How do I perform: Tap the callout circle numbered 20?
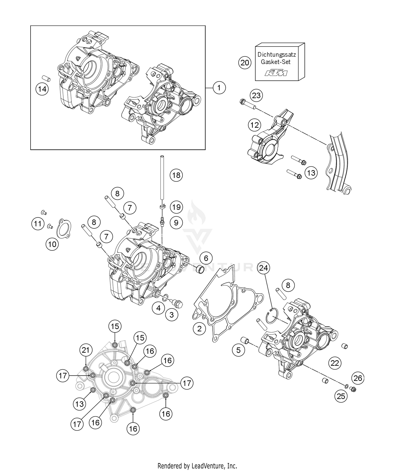[245, 63]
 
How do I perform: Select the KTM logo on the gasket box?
[276, 73]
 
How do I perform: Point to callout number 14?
[42, 89]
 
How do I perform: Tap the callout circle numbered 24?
[264, 268]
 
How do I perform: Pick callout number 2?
[199, 329]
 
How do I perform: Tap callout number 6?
[206, 258]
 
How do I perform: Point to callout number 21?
[86, 350]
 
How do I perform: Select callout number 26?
[358, 378]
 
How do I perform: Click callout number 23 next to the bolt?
[256, 95]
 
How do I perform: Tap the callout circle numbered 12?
[254, 125]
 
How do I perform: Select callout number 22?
[335, 363]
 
